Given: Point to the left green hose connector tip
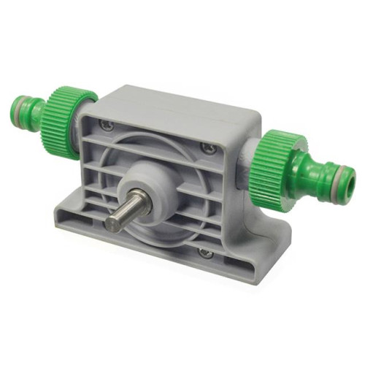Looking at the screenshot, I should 26,111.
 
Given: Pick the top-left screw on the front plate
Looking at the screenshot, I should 109,126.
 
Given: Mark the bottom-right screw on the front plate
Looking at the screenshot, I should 207,253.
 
